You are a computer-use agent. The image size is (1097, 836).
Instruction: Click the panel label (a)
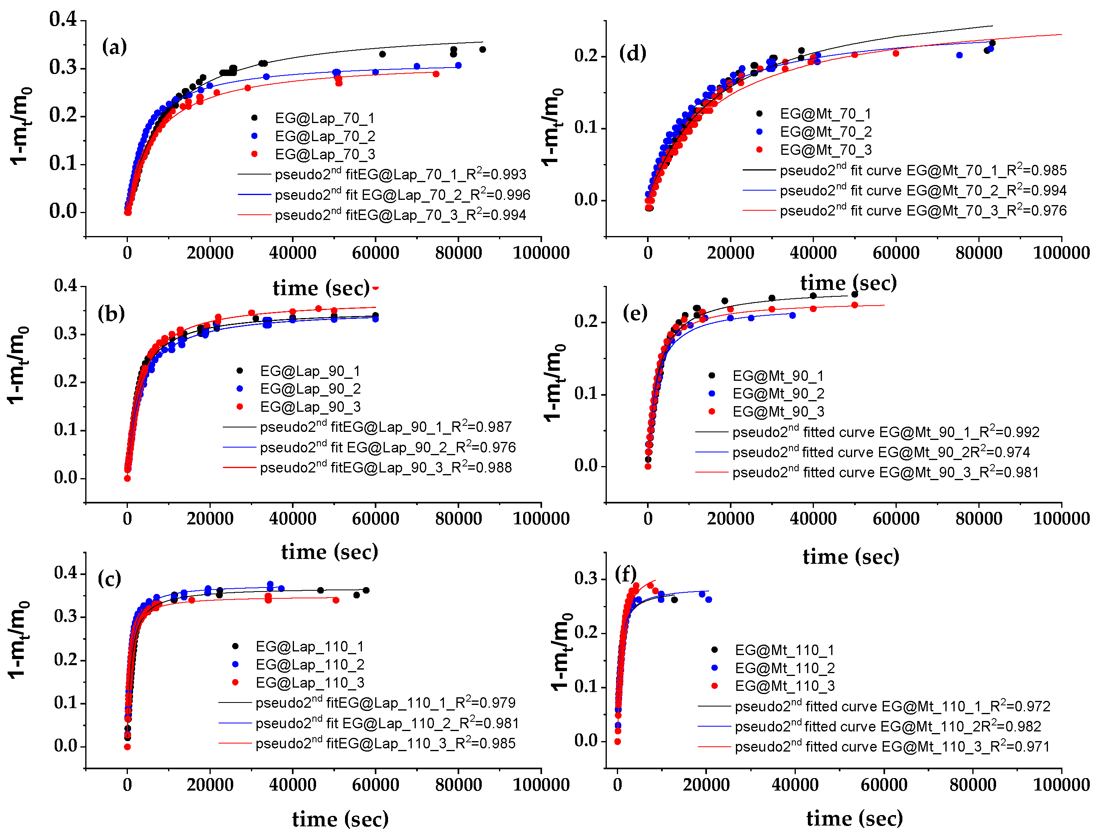pyautogui.click(x=115, y=47)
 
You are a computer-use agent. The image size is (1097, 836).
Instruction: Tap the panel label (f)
pyautogui.click(x=625, y=574)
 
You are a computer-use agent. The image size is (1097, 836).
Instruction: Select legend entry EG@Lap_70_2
pyautogui.click(x=325, y=136)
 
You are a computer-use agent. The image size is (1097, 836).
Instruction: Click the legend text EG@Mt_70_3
pyautogui.click(x=825, y=150)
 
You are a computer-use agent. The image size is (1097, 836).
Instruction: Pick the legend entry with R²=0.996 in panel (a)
pyautogui.click(x=402, y=195)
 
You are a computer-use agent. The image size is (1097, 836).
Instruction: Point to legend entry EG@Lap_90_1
pyautogui.click(x=310, y=371)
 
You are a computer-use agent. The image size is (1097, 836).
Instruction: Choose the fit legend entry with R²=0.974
pyautogui.click(x=881, y=452)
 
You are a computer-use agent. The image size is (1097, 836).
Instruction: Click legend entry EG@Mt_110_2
pyautogui.click(x=785, y=668)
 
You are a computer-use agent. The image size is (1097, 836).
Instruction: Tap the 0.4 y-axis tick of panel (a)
pyautogui.click(x=63, y=19)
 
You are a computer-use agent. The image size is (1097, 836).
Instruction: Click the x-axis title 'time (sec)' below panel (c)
pyautogui.click(x=340, y=819)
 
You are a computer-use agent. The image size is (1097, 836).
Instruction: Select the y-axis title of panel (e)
pyautogui.click(x=554, y=383)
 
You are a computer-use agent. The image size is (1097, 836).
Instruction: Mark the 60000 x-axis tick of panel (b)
pyautogui.click(x=375, y=518)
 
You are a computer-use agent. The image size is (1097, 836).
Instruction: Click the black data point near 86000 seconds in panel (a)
pyautogui.click(x=482, y=50)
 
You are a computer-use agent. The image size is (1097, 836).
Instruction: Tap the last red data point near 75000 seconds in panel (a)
pyautogui.click(x=436, y=74)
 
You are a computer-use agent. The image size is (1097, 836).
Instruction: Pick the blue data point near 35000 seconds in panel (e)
pyautogui.click(x=793, y=316)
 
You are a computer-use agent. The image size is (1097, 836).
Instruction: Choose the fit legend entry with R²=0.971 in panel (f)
pyautogui.click(x=892, y=747)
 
